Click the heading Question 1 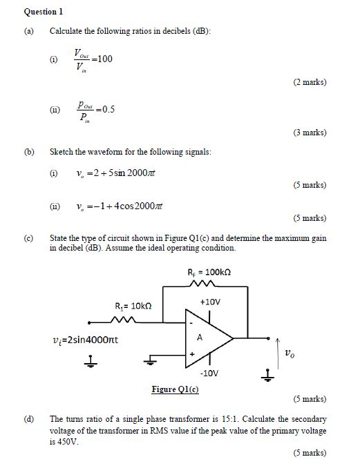click(x=44, y=12)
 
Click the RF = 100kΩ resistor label click(x=211, y=272)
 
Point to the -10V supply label click(x=209, y=373)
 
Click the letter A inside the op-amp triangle click(x=200, y=338)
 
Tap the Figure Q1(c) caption click(x=175, y=389)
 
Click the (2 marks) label click(x=309, y=82)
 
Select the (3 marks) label click(x=309, y=132)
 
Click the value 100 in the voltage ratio click(x=104, y=59)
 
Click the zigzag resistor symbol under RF click(x=210, y=282)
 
